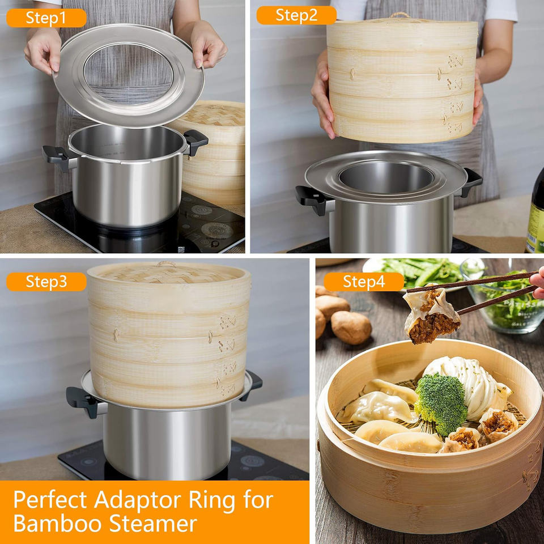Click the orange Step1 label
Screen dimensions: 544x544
(46, 18)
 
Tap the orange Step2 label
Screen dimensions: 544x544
(296, 15)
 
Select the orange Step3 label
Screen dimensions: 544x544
(46, 282)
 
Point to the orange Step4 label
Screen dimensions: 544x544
(364, 282)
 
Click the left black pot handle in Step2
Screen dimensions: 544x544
(312, 199)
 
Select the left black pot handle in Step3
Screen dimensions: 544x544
(83, 402)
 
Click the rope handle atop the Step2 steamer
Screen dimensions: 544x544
(400, 15)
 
